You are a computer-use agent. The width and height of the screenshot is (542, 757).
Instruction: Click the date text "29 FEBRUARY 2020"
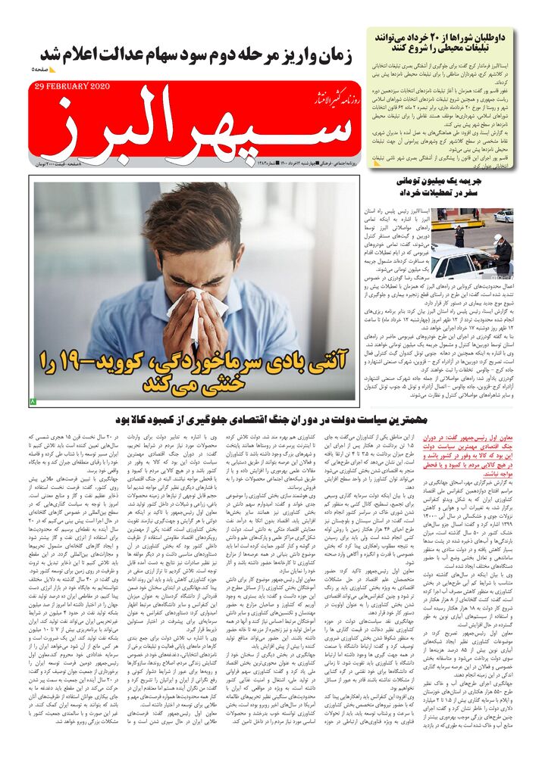(x=73, y=86)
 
